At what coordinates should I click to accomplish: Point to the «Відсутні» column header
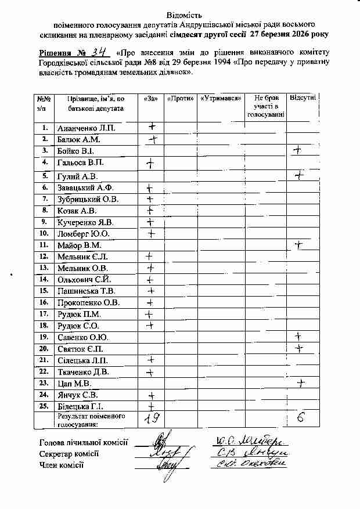pos(302,99)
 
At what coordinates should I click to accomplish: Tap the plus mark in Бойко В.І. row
pos(298,150)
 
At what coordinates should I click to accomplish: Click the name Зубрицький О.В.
pos(88,200)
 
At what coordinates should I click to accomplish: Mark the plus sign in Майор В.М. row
pos(300,245)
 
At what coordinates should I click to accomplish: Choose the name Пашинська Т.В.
pos(86,291)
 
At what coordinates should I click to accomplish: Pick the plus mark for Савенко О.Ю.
pos(298,336)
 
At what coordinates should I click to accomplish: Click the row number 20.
pos(44,349)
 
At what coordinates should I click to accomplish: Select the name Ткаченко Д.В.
pos(82,372)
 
